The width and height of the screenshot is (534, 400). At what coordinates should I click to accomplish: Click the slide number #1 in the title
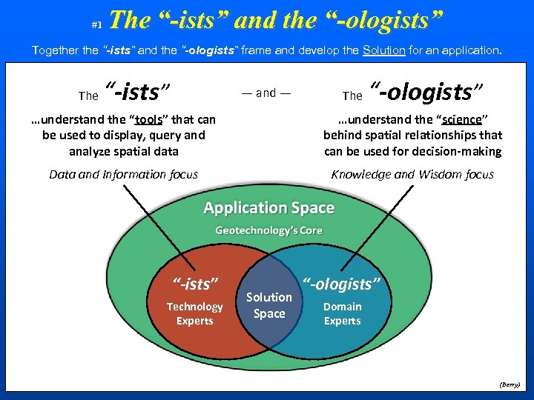click(96, 25)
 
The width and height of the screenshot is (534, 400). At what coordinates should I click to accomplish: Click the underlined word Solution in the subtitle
click(383, 50)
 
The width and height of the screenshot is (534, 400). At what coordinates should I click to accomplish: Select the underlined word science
click(461, 119)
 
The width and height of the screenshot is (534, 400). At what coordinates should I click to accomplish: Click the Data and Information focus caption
click(123, 175)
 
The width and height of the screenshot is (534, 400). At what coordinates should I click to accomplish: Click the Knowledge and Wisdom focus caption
click(412, 175)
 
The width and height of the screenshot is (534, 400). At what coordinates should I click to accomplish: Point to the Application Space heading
click(268, 208)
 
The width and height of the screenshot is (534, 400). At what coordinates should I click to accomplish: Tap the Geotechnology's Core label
click(268, 230)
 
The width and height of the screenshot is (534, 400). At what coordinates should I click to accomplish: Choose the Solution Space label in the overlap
click(269, 305)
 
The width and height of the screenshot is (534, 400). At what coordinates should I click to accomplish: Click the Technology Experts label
click(194, 313)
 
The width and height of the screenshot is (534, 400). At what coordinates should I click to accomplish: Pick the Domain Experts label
click(342, 313)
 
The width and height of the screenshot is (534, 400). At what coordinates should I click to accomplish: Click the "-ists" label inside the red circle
click(195, 283)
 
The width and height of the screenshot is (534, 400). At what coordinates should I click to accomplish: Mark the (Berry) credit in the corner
click(510, 385)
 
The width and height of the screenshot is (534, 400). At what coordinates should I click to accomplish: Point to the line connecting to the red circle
click(148, 215)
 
